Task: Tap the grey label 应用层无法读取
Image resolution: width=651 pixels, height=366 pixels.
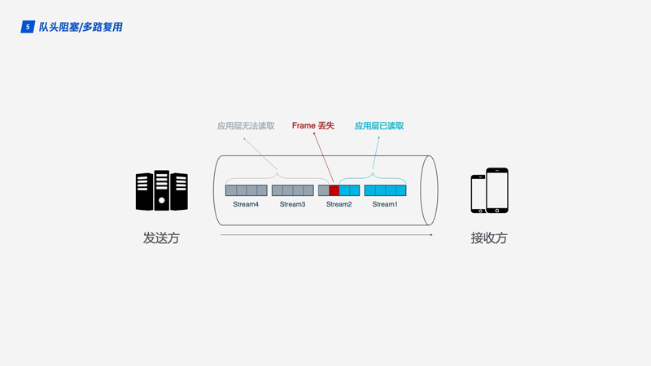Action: tap(246, 126)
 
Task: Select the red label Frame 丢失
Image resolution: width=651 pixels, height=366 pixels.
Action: tap(313, 126)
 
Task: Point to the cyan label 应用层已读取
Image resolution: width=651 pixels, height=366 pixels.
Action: tap(379, 126)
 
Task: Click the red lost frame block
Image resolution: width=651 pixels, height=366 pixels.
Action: tap(334, 190)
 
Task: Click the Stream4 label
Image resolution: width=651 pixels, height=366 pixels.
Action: tap(246, 204)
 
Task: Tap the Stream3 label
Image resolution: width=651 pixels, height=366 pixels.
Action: tap(292, 204)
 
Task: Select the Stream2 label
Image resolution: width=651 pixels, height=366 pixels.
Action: tap(339, 204)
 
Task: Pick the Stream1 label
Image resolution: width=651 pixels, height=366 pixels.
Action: tap(385, 204)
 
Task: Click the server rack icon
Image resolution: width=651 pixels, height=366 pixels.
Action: tap(161, 191)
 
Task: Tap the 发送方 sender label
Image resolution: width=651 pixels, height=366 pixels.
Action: tap(161, 238)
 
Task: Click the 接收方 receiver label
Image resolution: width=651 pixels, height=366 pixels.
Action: tap(489, 238)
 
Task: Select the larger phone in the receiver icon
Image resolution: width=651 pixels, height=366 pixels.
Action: tap(497, 190)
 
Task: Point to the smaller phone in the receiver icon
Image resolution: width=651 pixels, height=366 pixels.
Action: tap(478, 195)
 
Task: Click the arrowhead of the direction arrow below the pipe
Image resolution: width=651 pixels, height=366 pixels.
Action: tap(430, 234)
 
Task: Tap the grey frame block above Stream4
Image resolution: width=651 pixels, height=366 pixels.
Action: tap(246, 190)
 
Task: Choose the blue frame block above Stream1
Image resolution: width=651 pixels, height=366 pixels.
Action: tap(385, 190)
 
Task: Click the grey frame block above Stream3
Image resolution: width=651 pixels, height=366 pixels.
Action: tap(292, 190)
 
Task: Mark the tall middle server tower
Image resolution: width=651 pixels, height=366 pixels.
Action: tap(162, 190)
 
